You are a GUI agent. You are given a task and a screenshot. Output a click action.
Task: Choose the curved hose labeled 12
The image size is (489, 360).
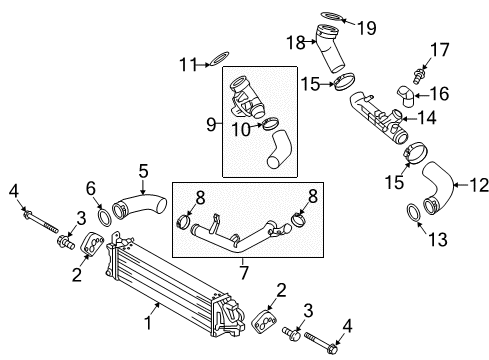point(438,193)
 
